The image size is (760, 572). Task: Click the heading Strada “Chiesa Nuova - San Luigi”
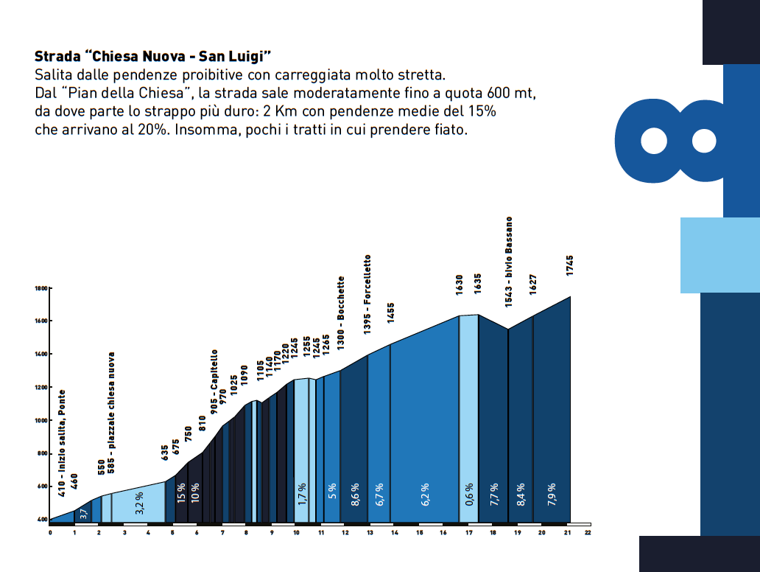(x=153, y=56)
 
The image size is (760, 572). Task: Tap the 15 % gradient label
(x=181, y=492)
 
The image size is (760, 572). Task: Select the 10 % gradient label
(x=195, y=492)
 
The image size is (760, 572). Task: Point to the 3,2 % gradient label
(x=140, y=502)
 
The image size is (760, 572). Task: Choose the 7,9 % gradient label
(x=552, y=492)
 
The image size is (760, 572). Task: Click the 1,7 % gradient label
(x=302, y=493)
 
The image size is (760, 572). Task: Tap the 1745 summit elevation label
(x=570, y=265)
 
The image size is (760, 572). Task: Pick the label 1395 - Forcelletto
(x=367, y=295)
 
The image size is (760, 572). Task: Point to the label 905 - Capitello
(x=214, y=383)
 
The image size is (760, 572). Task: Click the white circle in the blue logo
(x=652, y=140)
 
